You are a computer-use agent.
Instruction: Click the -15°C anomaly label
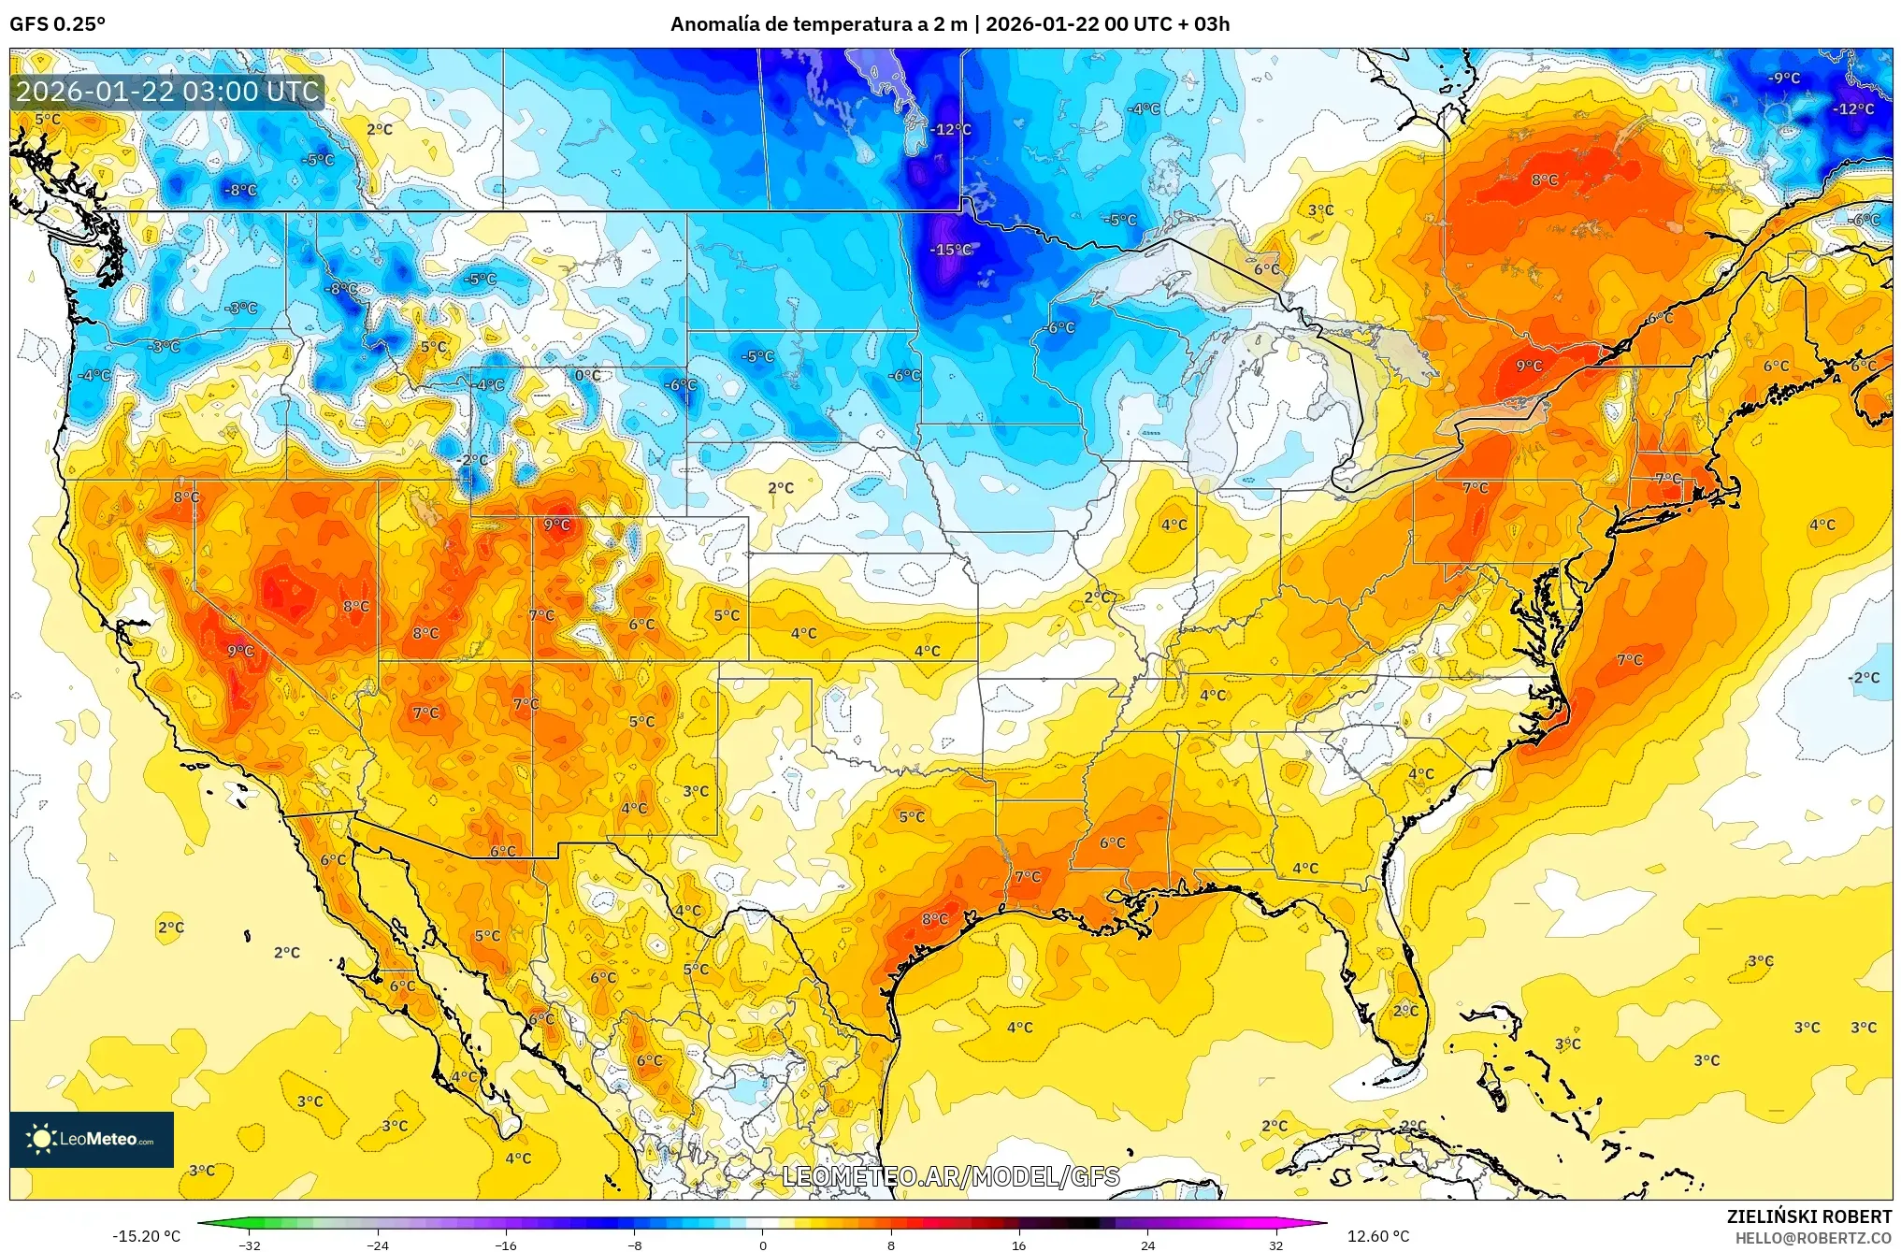click(950, 250)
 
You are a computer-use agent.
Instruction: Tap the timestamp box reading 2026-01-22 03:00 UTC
click(167, 92)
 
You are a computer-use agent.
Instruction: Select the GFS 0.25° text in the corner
click(57, 24)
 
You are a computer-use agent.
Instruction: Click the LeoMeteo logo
click(92, 1139)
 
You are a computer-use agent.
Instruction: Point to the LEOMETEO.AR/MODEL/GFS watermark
click(950, 1176)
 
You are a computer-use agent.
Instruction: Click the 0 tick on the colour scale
click(763, 1245)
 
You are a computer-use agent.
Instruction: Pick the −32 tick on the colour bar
click(250, 1245)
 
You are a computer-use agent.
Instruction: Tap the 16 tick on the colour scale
click(1019, 1245)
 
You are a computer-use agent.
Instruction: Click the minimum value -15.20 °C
click(147, 1236)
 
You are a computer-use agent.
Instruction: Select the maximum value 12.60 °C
click(1378, 1236)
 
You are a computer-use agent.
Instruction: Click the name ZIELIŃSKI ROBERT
click(1808, 1216)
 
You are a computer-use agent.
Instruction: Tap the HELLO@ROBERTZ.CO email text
click(1813, 1238)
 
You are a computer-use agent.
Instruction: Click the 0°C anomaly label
click(587, 376)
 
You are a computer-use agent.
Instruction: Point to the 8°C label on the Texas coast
click(935, 919)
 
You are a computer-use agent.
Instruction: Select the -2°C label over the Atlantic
click(1864, 678)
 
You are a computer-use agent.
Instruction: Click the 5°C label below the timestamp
click(48, 120)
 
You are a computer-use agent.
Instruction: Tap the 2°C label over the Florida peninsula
click(1405, 1011)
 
